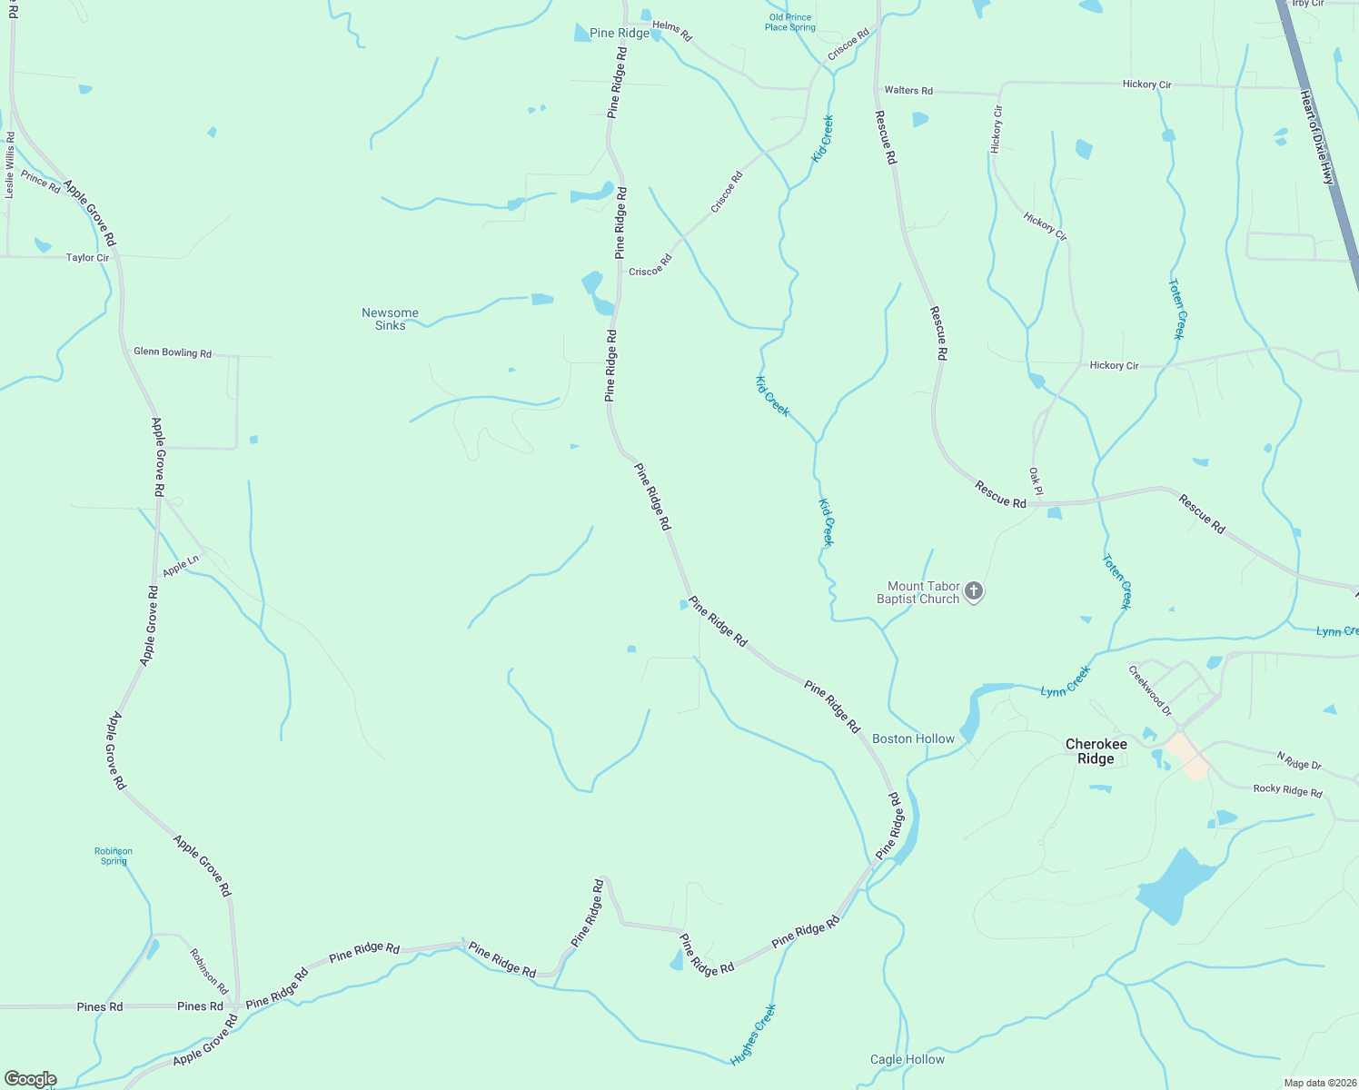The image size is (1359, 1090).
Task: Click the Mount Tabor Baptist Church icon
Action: coord(973,592)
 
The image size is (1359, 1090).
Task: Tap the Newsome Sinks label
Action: coord(390,319)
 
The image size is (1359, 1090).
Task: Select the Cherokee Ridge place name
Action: coord(1096,751)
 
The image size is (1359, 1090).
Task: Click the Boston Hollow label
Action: coord(913,738)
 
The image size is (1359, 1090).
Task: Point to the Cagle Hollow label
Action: coord(907,1059)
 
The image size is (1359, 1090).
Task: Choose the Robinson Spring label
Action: coord(114,856)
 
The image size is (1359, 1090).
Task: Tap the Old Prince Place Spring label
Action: coord(789,23)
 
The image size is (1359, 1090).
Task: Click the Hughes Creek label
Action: coord(753,1035)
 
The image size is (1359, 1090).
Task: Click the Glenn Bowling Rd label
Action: coord(173,352)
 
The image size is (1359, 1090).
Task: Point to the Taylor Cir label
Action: coord(87,258)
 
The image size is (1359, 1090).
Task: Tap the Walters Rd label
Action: coord(908,91)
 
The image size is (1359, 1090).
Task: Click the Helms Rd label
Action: coord(672,31)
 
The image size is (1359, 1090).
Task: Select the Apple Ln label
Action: coord(181,567)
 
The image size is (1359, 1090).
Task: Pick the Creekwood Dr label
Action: coord(1150,690)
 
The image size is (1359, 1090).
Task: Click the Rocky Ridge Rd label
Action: coord(1287,790)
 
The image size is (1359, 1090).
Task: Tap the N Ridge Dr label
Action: coord(1299,760)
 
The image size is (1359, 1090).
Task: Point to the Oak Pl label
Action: coord(1036,481)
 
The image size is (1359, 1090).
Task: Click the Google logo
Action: coord(30,1079)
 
